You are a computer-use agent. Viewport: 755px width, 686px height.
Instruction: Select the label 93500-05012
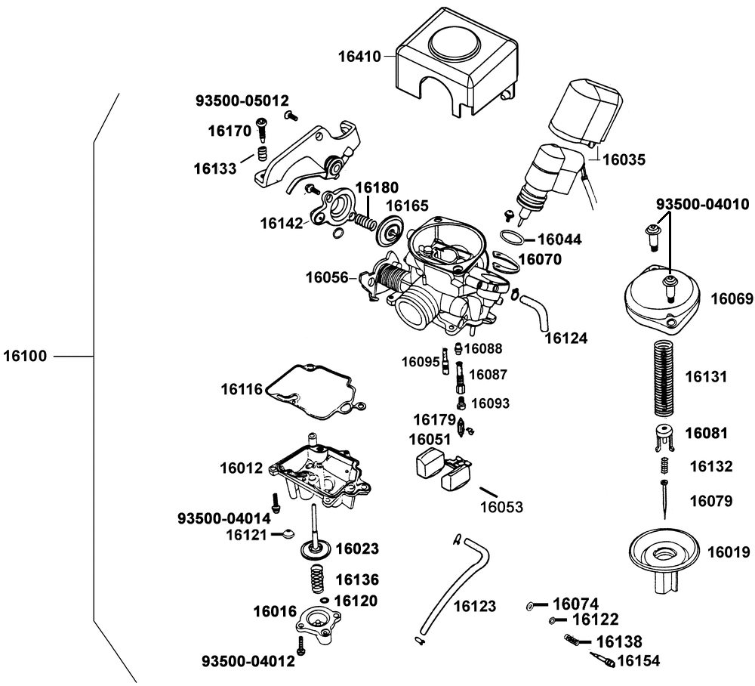[x=242, y=100]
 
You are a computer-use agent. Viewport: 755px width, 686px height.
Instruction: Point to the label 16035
[x=624, y=159]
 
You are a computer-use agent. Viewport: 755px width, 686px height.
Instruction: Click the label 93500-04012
[x=248, y=662]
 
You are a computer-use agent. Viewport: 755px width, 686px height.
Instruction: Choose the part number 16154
[x=639, y=661]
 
